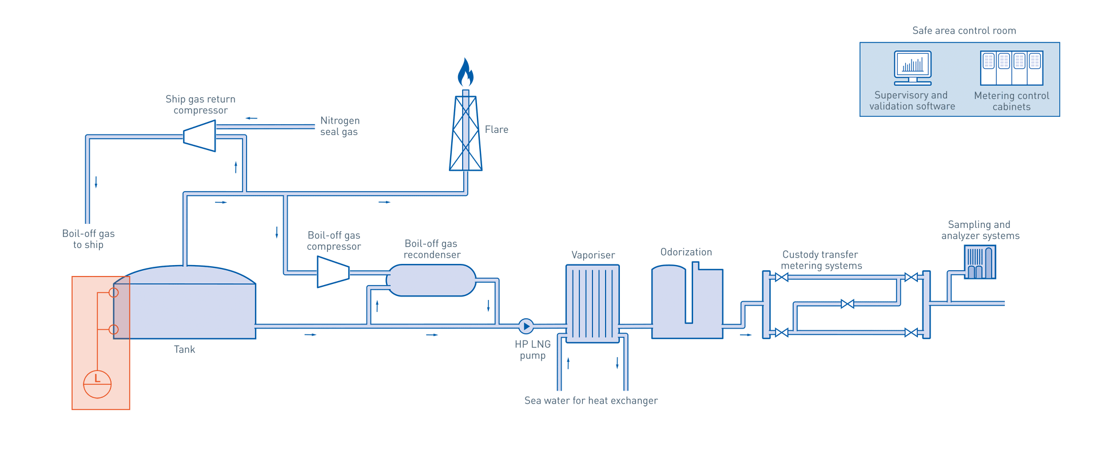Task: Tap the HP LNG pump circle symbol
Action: pyautogui.click(x=526, y=326)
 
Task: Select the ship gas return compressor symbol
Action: pyautogui.click(x=200, y=136)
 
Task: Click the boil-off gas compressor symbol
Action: pyautogui.click(x=333, y=271)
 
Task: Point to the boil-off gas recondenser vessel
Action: pyautogui.click(x=432, y=281)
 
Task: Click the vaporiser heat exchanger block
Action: pyautogui.click(x=592, y=303)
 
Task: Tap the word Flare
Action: pyautogui.click(x=496, y=130)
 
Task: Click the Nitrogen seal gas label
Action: pyautogui.click(x=340, y=126)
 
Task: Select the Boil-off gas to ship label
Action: pyautogui.click(x=88, y=239)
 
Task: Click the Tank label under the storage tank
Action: pyautogui.click(x=184, y=350)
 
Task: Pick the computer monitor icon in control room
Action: pyautogui.click(x=913, y=67)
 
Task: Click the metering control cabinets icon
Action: pyautogui.click(x=1012, y=68)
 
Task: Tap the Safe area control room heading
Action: pyautogui.click(x=964, y=31)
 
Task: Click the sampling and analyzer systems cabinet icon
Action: pyautogui.click(x=980, y=262)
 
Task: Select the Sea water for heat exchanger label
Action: pyautogui.click(x=591, y=401)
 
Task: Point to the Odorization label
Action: pyautogui.click(x=686, y=252)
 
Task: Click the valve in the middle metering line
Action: pyautogui.click(x=848, y=304)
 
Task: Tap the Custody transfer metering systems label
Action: pyautogui.click(x=821, y=260)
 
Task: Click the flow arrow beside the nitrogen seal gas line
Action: pyautogui.click(x=252, y=119)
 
